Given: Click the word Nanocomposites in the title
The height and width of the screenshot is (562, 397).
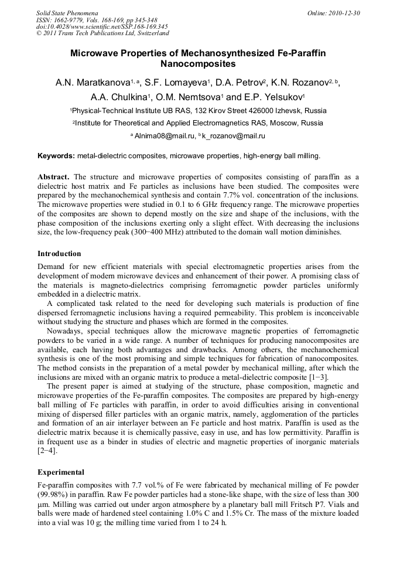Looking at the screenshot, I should (198, 64).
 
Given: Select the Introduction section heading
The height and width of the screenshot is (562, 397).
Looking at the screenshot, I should (59, 254).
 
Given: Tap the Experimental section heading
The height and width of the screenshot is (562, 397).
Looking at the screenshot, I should (61, 472).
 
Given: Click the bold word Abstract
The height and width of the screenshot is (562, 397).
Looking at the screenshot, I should (53, 176).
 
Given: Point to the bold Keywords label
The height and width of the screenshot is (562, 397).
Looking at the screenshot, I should (56, 156).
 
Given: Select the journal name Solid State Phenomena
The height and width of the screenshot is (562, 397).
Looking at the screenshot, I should (67, 13).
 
